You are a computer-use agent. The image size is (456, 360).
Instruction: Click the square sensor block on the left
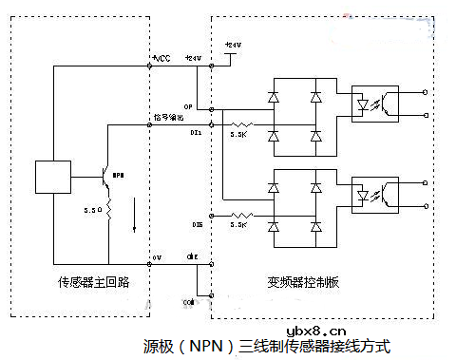[49, 177]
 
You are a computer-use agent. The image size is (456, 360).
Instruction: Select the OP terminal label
[189, 107]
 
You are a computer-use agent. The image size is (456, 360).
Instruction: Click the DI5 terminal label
[197, 224]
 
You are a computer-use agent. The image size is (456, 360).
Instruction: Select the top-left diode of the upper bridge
[275, 97]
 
